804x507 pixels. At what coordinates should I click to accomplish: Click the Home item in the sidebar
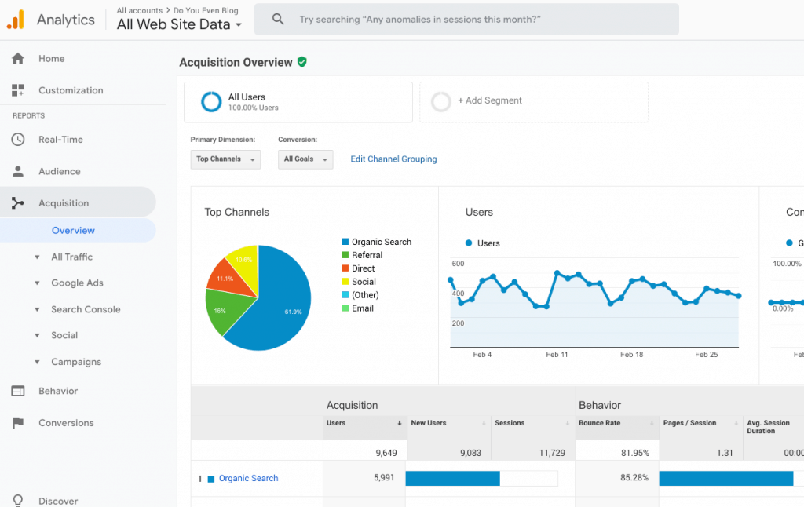(x=51, y=58)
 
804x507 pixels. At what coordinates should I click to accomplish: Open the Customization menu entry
(x=70, y=90)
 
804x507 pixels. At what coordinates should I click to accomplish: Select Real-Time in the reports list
(x=60, y=140)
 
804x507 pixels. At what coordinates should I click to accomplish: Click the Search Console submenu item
(x=86, y=309)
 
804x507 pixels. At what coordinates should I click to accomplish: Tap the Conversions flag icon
(x=18, y=422)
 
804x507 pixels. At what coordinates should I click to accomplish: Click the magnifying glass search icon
(x=278, y=20)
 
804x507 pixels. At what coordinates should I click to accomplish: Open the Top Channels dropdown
(x=225, y=159)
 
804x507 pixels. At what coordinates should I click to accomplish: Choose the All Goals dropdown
(x=305, y=159)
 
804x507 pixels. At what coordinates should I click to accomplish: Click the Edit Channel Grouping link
(x=394, y=159)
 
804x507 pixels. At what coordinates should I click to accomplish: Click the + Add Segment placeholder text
(x=490, y=100)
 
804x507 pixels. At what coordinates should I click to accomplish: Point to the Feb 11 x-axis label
(x=557, y=354)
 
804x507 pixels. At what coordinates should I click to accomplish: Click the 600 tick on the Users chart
(x=458, y=264)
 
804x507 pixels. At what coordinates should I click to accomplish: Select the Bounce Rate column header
(x=599, y=423)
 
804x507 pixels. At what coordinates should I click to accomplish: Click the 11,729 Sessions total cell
(x=552, y=453)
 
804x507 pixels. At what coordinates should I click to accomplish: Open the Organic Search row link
(x=249, y=478)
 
